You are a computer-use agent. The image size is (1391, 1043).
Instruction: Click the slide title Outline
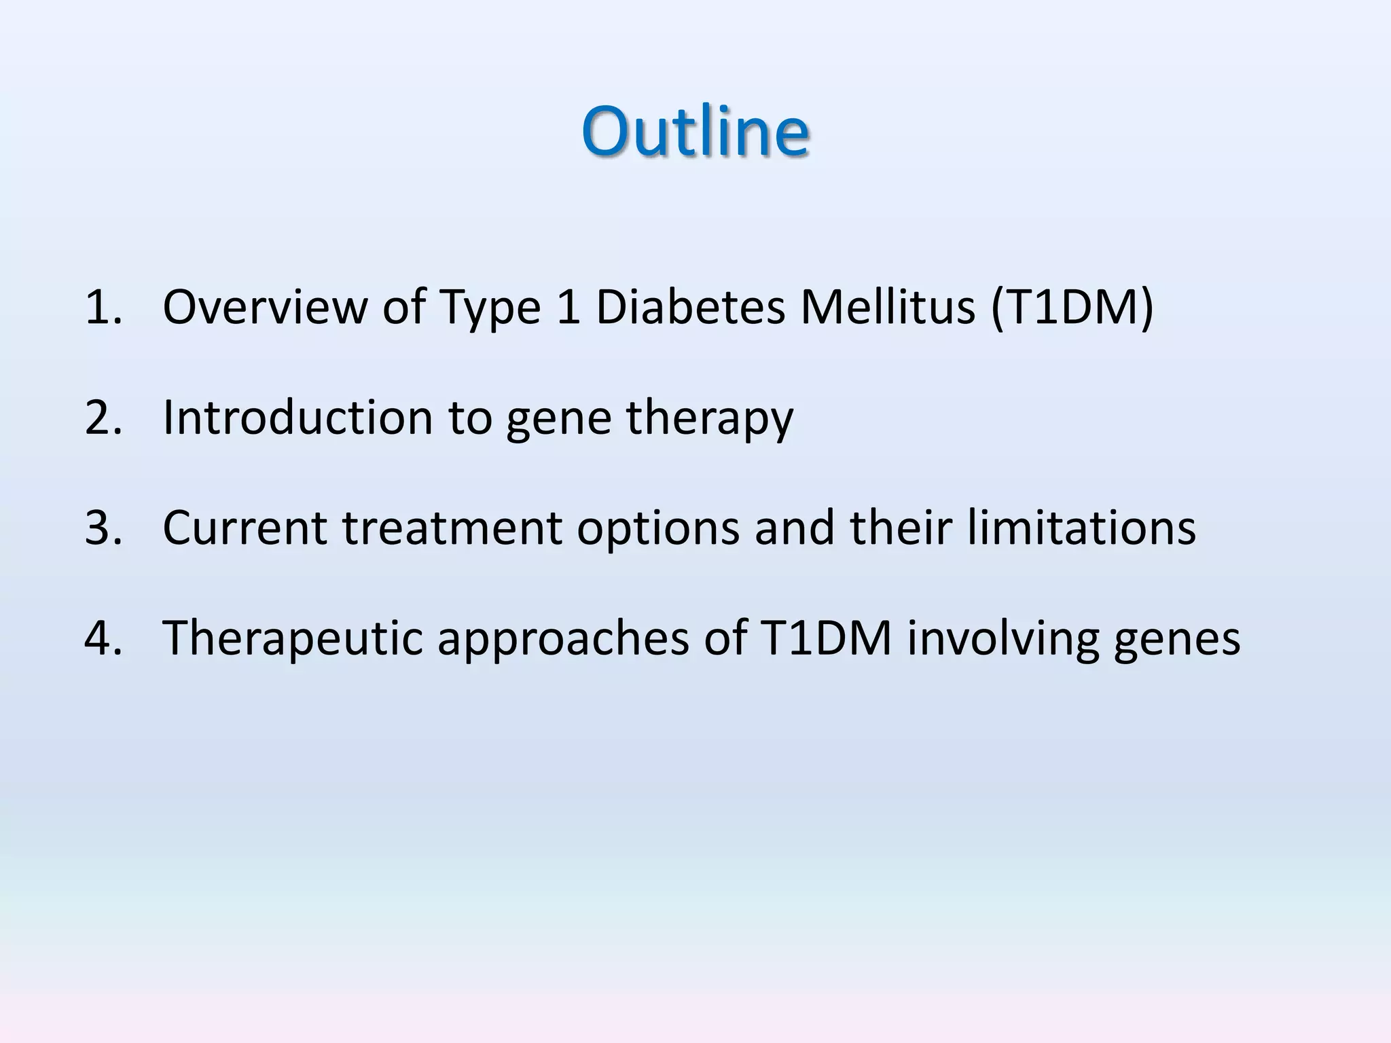click(695, 130)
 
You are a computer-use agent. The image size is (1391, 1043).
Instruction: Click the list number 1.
click(102, 307)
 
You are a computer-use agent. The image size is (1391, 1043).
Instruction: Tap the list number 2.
click(103, 417)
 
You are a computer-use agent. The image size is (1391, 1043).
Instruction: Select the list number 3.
click(103, 528)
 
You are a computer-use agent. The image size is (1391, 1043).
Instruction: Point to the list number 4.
click(103, 638)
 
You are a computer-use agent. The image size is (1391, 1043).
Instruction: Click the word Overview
click(264, 307)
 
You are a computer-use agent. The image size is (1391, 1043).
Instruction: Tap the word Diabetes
click(689, 307)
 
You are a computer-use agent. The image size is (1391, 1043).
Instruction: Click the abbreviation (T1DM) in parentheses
click(1072, 307)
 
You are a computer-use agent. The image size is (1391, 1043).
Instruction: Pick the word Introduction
click(297, 417)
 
